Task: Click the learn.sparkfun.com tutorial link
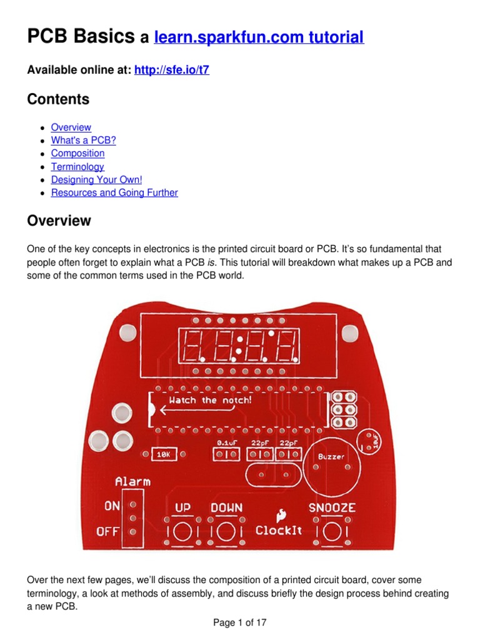point(259,37)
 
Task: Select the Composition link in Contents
point(77,153)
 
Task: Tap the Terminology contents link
point(77,167)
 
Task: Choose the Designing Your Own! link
point(97,180)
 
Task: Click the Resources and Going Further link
point(114,192)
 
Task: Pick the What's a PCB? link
point(83,140)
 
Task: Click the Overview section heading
point(59,221)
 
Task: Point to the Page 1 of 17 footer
point(240,622)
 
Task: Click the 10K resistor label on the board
point(164,455)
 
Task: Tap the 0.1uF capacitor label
point(226,442)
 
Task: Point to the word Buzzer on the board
point(331,457)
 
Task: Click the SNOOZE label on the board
point(332,507)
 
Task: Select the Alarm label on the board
point(132,481)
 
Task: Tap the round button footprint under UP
point(182,532)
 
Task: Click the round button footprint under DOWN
point(226,532)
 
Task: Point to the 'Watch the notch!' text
point(211,400)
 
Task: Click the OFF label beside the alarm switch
point(107,532)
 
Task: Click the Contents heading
point(58,99)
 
